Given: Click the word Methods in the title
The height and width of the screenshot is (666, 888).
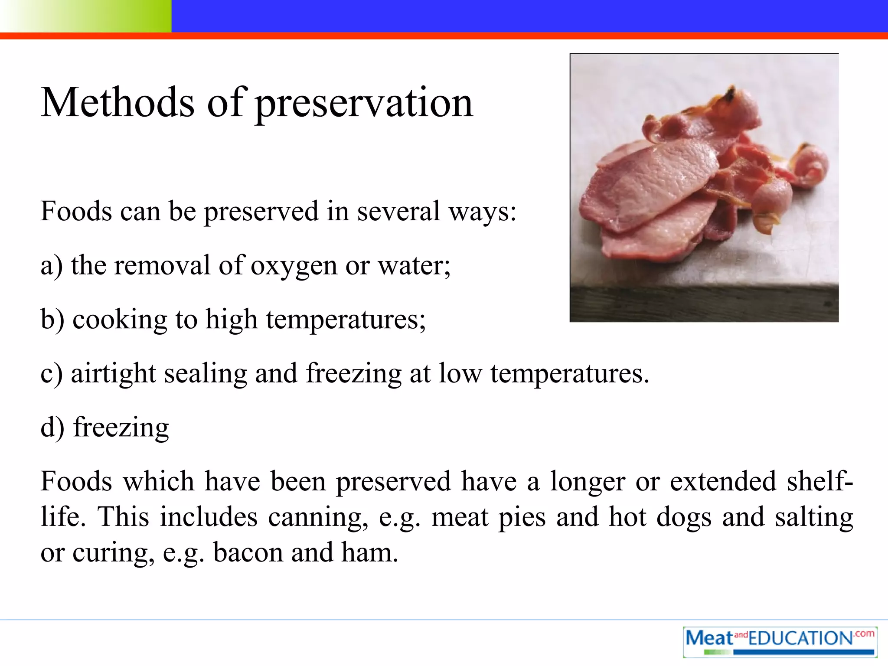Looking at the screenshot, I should (x=118, y=103).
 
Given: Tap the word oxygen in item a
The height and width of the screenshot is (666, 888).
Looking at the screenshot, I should (x=294, y=266).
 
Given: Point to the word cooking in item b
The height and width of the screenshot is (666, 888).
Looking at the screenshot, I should (x=120, y=320).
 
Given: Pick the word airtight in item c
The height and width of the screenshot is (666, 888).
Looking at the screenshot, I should (x=113, y=374).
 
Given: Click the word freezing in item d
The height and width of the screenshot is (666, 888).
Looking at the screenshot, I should (x=121, y=428).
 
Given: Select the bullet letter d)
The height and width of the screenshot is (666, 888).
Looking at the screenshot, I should (x=52, y=428).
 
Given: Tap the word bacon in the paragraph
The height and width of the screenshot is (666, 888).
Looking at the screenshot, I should (x=248, y=553).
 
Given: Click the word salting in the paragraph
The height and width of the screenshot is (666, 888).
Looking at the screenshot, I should (x=814, y=518).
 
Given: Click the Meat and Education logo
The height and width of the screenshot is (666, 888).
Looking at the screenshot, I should (x=780, y=641).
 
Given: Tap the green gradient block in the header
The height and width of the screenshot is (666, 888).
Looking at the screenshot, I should (x=86, y=16).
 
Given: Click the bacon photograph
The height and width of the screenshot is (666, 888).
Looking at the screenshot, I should (x=704, y=188).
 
